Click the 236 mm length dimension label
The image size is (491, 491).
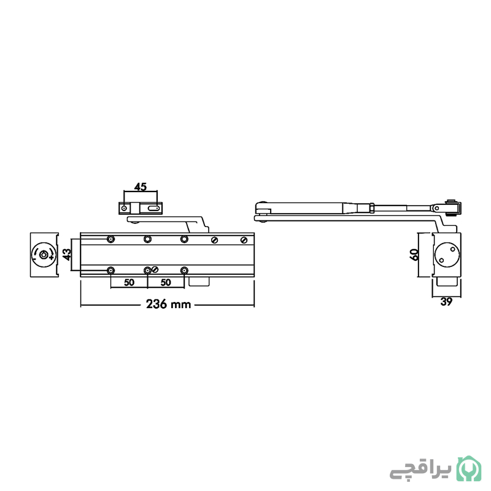pyautogui.click(x=168, y=304)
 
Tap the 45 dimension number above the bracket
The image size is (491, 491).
pyautogui.click(x=141, y=187)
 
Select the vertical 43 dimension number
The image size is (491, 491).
pyautogui.click(x=67, y=254)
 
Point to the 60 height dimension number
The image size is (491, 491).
pyautogui.click(x=414, y=255)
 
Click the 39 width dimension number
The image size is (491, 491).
pyautogui.click(x=446, y=302)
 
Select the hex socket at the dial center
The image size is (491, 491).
pyautogui.click(x=44, y=255)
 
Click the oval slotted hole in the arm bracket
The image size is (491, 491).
pyautogui.click(x=153, y=208)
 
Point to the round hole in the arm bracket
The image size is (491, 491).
pyautogui.click(x=125, y=208)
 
